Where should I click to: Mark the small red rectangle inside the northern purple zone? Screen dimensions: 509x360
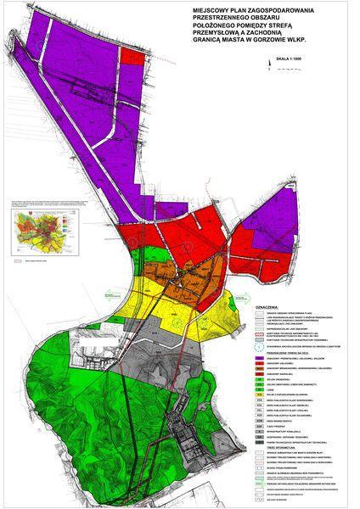click(132, 57)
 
